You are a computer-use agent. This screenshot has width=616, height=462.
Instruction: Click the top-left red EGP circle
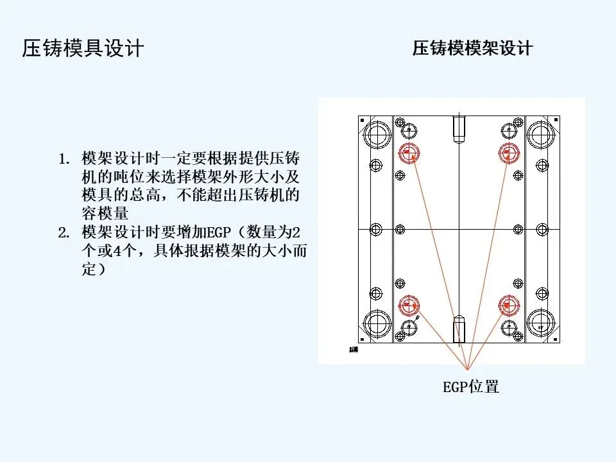(x=408, y=153)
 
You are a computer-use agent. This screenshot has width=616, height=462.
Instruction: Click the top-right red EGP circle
(x=509, y=153)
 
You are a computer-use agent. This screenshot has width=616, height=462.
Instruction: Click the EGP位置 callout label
(x=471, y=387)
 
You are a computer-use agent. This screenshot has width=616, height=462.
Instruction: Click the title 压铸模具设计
(x=83, y=49)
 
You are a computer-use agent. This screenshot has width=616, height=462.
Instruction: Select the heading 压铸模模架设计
(x=472, y=49)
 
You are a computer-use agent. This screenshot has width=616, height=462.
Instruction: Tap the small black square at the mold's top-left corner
(x=363, y=121)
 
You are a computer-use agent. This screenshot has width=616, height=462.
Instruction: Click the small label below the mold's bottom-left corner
(x=353, y=350)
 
